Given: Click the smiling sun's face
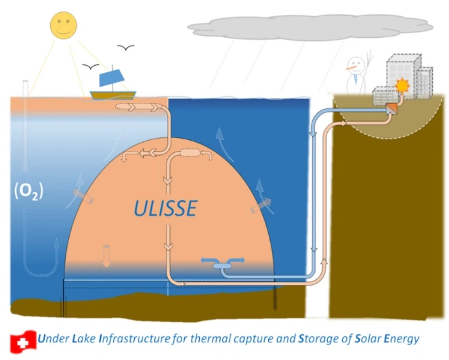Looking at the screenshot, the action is [x=63, y=25].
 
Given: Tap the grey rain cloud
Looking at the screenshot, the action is [x=310, y=27].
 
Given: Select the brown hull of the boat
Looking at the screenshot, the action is [x=113, y=95].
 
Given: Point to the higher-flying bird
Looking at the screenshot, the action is [x=126, y=48].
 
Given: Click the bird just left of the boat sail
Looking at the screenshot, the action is [x=90, y=67].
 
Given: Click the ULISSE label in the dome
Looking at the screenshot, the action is [x=165, y=208].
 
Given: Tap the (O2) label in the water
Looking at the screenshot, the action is [x=29, y=191].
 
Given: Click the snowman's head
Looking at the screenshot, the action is [x=356, y=66].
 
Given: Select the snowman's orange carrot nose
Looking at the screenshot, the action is [x=351, y=68].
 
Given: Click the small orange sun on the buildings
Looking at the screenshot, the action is [x=402, y=85].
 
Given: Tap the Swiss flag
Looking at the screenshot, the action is [x=23, y=342].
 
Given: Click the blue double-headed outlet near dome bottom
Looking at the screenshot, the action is [x=222, y=263].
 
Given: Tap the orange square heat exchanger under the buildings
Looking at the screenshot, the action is [x=392, y=109].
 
